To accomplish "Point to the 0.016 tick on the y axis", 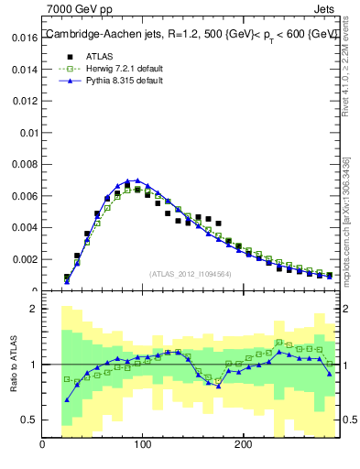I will tap(23, 38).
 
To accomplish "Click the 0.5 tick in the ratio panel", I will tap(29, 420).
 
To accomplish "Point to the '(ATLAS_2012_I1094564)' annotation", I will tap(190, 273).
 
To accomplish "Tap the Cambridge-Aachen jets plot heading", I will tap(191, 34).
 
